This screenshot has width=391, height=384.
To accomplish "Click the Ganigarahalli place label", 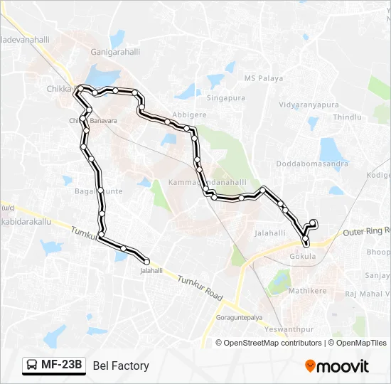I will pos(114,52).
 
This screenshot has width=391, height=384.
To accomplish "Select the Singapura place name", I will pos(225,98).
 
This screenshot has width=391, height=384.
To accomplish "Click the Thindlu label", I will pos(347,117).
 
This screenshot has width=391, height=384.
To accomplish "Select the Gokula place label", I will pos(303,256).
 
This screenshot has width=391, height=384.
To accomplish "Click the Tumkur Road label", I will pos(200,287).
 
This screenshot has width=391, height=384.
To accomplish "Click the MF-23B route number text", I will pos(62,366).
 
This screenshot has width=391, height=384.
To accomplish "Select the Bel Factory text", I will pos(121,366).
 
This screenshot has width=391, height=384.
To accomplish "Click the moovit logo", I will pos(337,366).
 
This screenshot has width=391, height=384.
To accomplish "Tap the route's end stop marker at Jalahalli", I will pos(146,261).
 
